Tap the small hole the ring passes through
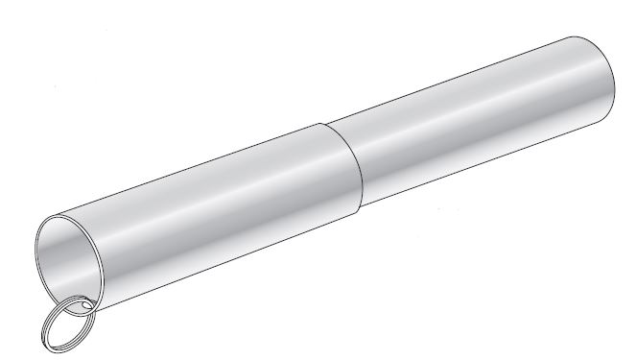(x=87, y=306)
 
